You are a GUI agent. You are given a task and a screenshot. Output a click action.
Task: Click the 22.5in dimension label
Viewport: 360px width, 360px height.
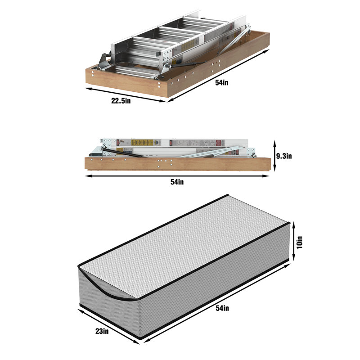(121, 101)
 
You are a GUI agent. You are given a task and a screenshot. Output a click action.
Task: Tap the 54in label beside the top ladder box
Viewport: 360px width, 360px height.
(222, 83)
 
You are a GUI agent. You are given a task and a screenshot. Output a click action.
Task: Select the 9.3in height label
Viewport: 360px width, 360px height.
(284, 156)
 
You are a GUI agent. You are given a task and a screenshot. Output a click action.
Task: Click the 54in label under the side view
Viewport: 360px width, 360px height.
(177, 182)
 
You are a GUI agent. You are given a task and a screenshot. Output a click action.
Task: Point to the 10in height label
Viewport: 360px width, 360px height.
(300, 242)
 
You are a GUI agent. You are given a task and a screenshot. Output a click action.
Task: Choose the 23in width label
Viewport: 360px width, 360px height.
(102, 331)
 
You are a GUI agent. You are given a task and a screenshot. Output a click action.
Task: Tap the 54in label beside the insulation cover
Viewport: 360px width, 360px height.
(222, 308)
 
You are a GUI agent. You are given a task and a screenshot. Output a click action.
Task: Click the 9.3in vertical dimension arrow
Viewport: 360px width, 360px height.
(274, 156)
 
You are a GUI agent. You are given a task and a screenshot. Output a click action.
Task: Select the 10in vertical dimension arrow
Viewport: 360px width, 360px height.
(294, 242)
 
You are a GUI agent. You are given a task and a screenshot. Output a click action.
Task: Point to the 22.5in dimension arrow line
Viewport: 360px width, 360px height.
(126, 94)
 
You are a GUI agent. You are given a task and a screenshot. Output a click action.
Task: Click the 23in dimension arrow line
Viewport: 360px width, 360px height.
(109, 326)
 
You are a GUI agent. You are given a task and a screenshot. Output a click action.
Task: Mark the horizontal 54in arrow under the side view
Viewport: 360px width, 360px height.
(177, 176)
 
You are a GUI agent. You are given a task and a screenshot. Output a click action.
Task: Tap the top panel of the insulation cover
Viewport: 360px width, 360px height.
(184, 247)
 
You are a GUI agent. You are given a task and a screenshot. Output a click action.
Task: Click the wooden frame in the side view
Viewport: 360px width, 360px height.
(178, 164)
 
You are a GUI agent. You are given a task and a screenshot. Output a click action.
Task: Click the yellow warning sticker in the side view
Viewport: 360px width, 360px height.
(142, 142)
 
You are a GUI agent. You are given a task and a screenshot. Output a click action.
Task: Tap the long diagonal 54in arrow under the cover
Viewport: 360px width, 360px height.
(217, 303)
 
